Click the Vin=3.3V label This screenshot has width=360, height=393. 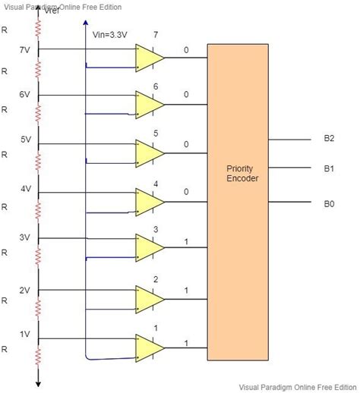(109, 35)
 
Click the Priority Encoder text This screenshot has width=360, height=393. (242, 174)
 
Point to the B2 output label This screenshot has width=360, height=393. (329, 138)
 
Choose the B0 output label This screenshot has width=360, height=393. (329, 204)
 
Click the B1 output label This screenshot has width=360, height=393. (329, 168)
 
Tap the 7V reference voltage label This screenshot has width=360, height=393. (24, 50)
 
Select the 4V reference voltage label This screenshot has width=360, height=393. (26, 189)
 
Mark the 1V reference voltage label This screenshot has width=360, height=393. (25, 335)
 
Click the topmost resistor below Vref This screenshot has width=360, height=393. (38, 29)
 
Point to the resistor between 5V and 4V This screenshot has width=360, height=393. (38, 162)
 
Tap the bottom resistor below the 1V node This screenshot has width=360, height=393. (38, 356)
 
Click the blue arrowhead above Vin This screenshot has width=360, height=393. (86, 23)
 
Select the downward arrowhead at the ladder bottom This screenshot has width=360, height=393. (38, 384)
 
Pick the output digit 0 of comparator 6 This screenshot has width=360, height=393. (186, 94)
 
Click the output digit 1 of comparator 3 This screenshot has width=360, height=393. (186, 242)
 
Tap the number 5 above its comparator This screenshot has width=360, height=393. (156, 134)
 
